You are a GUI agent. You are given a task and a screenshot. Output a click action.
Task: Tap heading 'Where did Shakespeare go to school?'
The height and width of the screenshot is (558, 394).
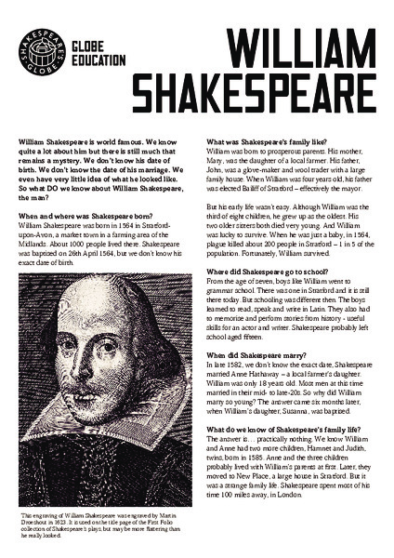click(x=269, y=272)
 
